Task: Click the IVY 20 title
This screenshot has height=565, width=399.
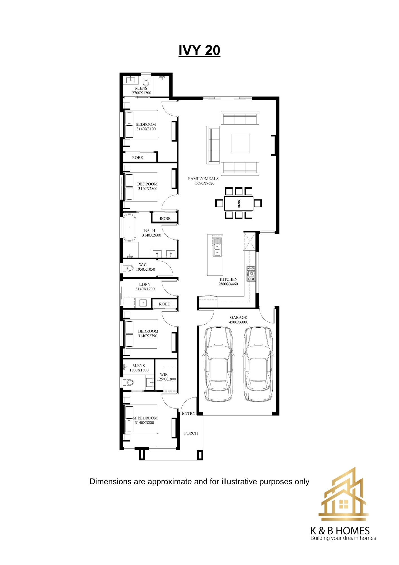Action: (199, 51)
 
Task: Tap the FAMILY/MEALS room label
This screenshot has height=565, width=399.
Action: (203, 179)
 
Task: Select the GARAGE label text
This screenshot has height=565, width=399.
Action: (238, 318)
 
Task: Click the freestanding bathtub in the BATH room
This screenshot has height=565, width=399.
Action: (129, 227)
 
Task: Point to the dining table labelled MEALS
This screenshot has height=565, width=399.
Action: (239, 203)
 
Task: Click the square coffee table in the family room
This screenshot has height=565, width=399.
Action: (241, 143)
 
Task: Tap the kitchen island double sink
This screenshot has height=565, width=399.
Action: (217, 247)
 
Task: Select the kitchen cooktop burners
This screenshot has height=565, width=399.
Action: (251, 273)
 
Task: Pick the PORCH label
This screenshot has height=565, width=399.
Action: (191, 433)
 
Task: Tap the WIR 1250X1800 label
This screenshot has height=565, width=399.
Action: (166, 377)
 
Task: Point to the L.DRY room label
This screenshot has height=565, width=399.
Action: (144, 284)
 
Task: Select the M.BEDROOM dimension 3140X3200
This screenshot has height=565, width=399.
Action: (144, 423)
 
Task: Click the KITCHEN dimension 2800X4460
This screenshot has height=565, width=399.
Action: (228, 284)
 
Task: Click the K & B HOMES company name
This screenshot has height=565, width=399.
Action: (340, 531)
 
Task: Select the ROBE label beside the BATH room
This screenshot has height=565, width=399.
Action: (165, 219)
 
